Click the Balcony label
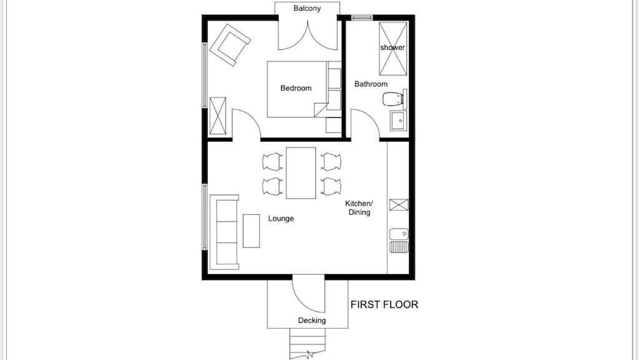click(x=307, y=8)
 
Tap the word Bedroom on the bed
click(x=296, y=88)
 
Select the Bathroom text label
click(x=371, y=84)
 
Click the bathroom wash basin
click(x=397, y=120)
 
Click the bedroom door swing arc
click(x=246, y=123)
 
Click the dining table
click(x=300, y=173)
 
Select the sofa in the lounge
click(x=226, y=231)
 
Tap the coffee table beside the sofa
click(x=251, y=231)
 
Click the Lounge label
click(x=281, y=219)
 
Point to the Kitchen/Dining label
click(x=358, y=208)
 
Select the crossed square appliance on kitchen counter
click(x=398, y=205)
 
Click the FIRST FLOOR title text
click(x=384, y=304)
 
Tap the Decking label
click(x=312, y=320)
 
